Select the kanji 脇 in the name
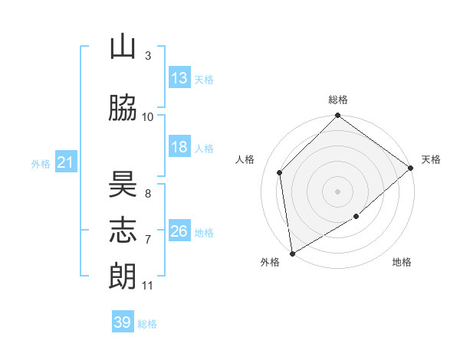[x=123, y=107]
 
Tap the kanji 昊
[x=123, y=184]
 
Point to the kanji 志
[x=123, y=230]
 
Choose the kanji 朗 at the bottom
[x=123, y=276]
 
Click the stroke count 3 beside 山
[x=148, y=55]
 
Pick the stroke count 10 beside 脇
[x=147, y=117]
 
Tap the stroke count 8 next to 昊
[x=148, y=194]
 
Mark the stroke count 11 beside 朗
[x=147, y=286]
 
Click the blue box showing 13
[x=179, y=77]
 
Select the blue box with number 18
[x=179, y=146]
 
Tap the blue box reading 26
[x=179, y=230]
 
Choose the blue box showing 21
[x=66, y=162]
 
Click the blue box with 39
[x=123, y=321]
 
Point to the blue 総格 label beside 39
[x=147, y=324]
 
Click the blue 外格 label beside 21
[x=41, y=164]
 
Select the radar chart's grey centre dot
[x=337, y=191]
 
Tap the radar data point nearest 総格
[x=337, y=115]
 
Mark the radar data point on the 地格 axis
[x=356, y=216]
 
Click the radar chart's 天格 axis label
[x=431, y=159]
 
